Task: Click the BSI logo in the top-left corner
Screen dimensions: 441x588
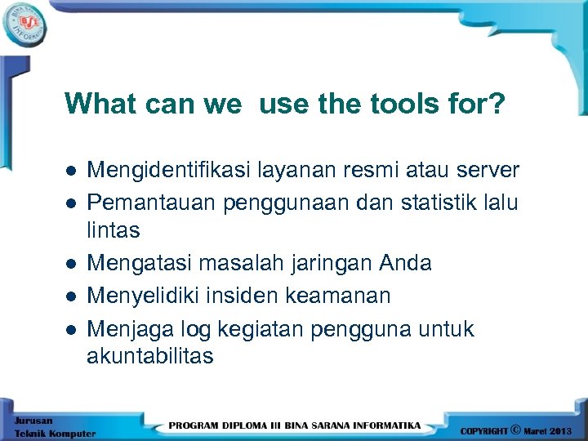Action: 25,22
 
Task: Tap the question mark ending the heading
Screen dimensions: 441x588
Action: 497,104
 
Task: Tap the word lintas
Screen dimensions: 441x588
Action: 114,231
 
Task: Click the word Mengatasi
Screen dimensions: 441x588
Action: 138,263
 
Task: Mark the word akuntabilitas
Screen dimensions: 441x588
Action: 150,356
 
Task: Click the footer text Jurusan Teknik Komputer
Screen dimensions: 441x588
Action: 53,427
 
